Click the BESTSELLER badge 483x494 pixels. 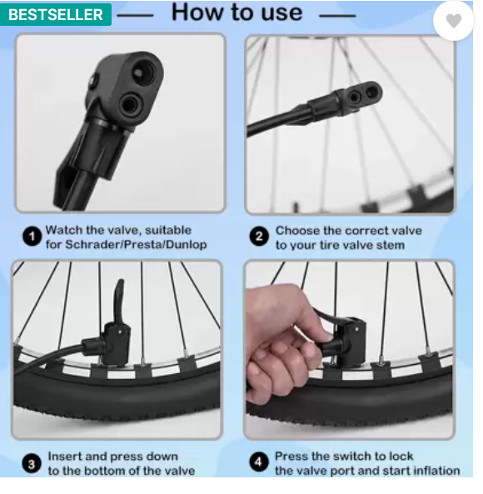(56, 14)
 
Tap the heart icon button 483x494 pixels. (453, 21)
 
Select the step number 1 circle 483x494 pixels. (32, 237)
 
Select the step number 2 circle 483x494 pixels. (259, 237)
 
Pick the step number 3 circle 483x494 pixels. (32, 464)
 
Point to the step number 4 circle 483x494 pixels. (258, 462)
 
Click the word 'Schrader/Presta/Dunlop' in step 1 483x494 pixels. (136, 245)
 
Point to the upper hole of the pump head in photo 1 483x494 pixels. (144, 72)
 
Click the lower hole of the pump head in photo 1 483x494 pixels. (131, 106)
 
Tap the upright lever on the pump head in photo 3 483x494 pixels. (118, 301)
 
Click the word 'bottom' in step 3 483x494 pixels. (108, 471)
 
